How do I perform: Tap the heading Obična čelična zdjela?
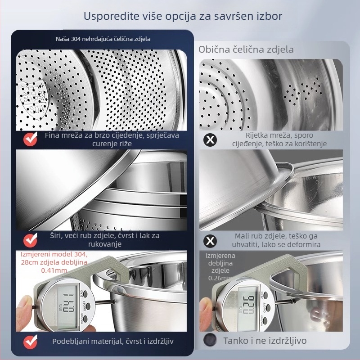246,49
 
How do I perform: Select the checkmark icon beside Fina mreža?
30,139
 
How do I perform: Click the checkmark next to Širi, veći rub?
30,240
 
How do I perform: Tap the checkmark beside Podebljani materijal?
30,342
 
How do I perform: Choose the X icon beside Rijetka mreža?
210,139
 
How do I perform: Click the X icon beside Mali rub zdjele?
210,241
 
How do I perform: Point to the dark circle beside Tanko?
210,340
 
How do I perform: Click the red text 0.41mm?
54,270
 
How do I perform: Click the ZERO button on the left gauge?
85,294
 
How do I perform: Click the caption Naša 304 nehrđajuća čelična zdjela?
103,39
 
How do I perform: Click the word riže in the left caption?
125,144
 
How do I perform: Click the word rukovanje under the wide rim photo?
105,244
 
